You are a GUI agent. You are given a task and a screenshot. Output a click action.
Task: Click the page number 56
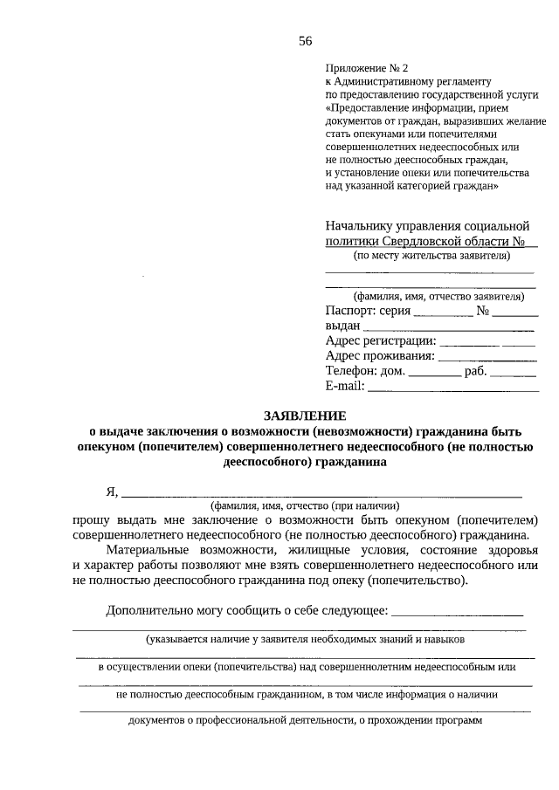(x=305, y=41)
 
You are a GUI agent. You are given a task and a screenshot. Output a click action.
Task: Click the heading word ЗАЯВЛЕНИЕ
(x=305, y=416)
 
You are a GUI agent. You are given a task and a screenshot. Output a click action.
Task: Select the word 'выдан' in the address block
(x=342, y=326)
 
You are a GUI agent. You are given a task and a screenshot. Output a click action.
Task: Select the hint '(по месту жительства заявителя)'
(x=431, y=256)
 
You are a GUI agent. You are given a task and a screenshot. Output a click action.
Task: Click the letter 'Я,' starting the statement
(x=112, y=491)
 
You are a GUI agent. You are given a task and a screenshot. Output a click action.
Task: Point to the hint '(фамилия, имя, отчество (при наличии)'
(x=305, y=505)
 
